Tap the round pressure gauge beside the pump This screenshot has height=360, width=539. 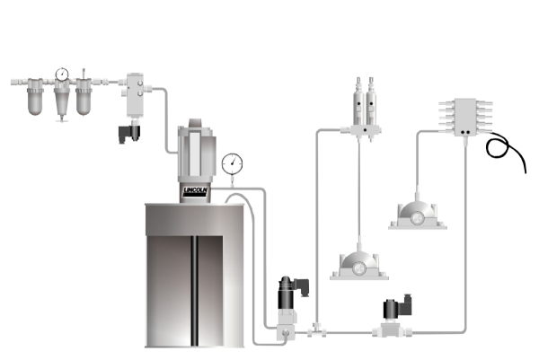tap(233, 162)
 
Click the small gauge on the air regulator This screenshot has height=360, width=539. tap(61, 75)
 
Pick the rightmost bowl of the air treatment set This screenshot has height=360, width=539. tap(84, 97)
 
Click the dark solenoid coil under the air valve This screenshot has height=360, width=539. tap(125, 133)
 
